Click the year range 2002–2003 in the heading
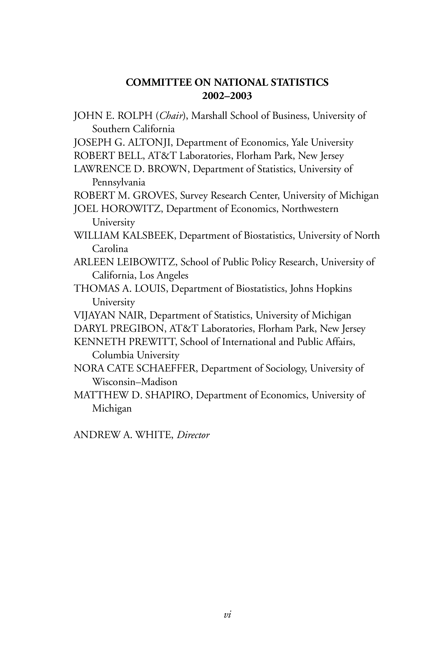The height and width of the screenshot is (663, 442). tap(227, 96)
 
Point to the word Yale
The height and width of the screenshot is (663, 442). tap(299, 143)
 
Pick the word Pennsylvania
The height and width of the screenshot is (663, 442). tap(119, 182)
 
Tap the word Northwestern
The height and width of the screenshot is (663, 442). tap(310, 209)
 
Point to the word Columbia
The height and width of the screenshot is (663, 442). tap(113, 355)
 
